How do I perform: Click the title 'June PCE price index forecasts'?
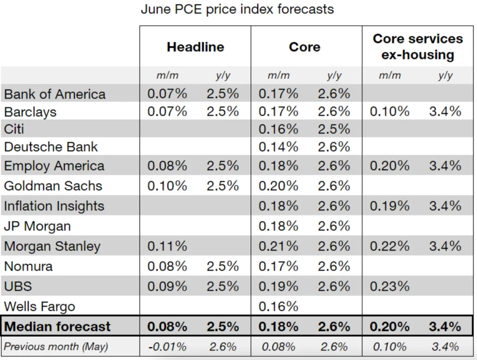click(237, 9)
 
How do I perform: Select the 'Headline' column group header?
click(195, 47)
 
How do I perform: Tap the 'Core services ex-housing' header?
click(417, 47)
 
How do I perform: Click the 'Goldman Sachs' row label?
click(53, 186)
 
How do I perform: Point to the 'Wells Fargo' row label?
click(40, 306)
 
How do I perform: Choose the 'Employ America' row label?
click(54, 166)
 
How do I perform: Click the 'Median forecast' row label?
click(57, 327)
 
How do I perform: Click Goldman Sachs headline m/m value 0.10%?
click(167, 186)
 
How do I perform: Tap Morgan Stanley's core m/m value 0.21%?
click(278, 246)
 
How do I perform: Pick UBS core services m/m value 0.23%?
click(390, 287)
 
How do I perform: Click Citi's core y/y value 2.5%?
click(334, 130)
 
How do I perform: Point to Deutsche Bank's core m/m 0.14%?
click(278, 147)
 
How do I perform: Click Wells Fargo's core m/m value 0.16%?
click(278, 306)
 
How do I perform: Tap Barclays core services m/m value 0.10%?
click(390, 112)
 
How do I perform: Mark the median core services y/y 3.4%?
click(445, 327)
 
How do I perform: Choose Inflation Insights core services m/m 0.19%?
click(390, 206)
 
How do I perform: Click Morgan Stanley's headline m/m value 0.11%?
click(167, 246)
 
